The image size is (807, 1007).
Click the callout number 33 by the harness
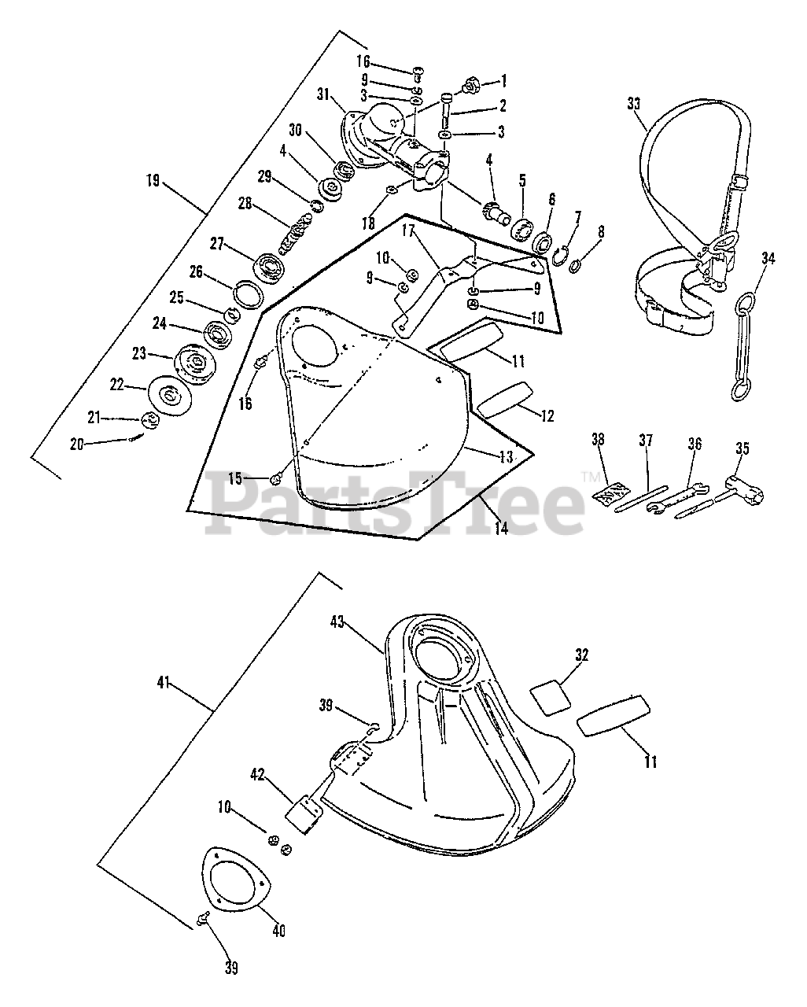tap(635, 103)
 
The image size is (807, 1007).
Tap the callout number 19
tap(153, 181)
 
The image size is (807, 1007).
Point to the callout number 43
tap(359, 622)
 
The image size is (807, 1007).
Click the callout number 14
tap(501, 528)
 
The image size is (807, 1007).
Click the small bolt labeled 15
tap(277, 478)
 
